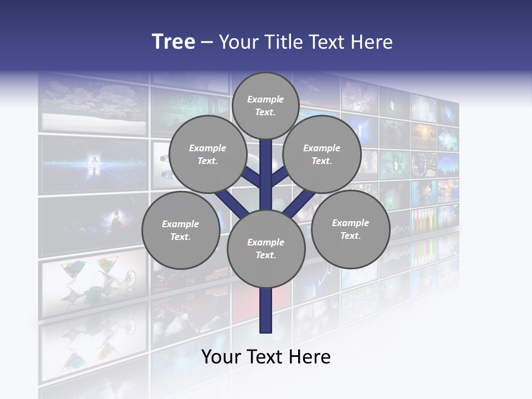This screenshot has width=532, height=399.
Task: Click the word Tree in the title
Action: pos(173,42)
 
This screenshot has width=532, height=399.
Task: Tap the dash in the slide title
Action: pos(207,43)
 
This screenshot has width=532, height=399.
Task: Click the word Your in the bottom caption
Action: pos(222,357)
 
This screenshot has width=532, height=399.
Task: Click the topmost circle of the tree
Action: pos(265,105)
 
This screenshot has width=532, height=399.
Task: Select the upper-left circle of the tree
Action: pos(207,154)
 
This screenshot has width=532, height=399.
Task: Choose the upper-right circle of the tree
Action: pos(322,154)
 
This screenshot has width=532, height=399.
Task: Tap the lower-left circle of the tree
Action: pos(180,230)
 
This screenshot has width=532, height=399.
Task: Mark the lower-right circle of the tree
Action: pos(350,229)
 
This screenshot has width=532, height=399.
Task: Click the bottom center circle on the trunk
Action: pos(266,248)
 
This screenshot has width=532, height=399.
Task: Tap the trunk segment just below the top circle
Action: pos(266,155)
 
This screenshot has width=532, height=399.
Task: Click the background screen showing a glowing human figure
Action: pos(94,165)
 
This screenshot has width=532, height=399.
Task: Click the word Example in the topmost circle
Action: pos(265,99)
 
